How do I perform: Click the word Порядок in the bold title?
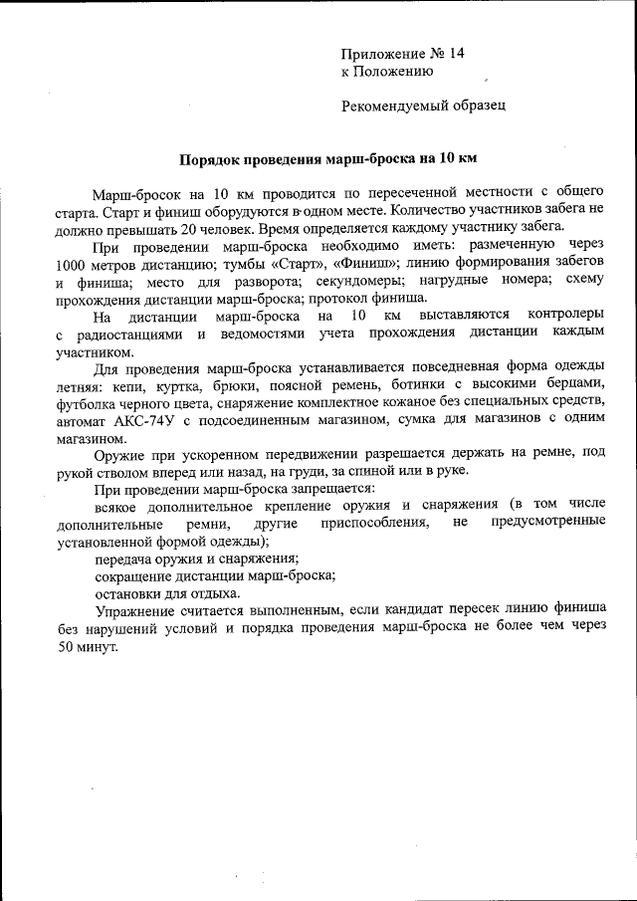pos(206,158)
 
